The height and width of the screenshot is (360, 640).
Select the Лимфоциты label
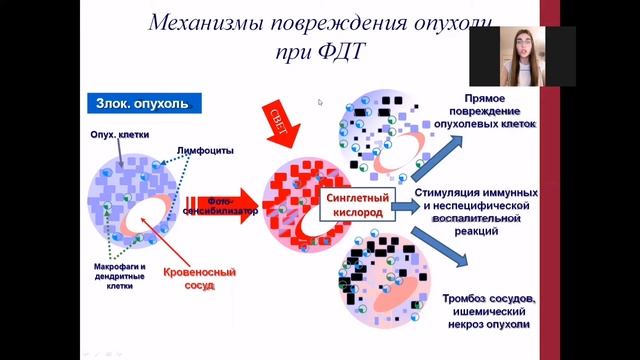point(205,151)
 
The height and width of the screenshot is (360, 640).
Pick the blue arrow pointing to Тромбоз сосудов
point(443,249)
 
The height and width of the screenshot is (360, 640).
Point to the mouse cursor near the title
point(320,102)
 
